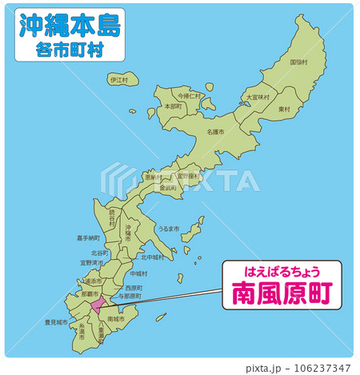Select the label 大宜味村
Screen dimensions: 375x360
click(x=258, y=98)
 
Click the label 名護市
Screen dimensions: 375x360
click(x=215, y=131)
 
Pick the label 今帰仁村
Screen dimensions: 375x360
click(x=190, y=95)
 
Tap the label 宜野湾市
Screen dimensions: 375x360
click(x=91, y=261)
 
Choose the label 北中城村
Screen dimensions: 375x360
click(x=152, y=257)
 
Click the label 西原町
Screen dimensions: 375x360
click(x=134, y=287)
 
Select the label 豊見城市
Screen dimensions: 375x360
click(x=56, y=323)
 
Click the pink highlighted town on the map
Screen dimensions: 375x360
click(x=98, y=305)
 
